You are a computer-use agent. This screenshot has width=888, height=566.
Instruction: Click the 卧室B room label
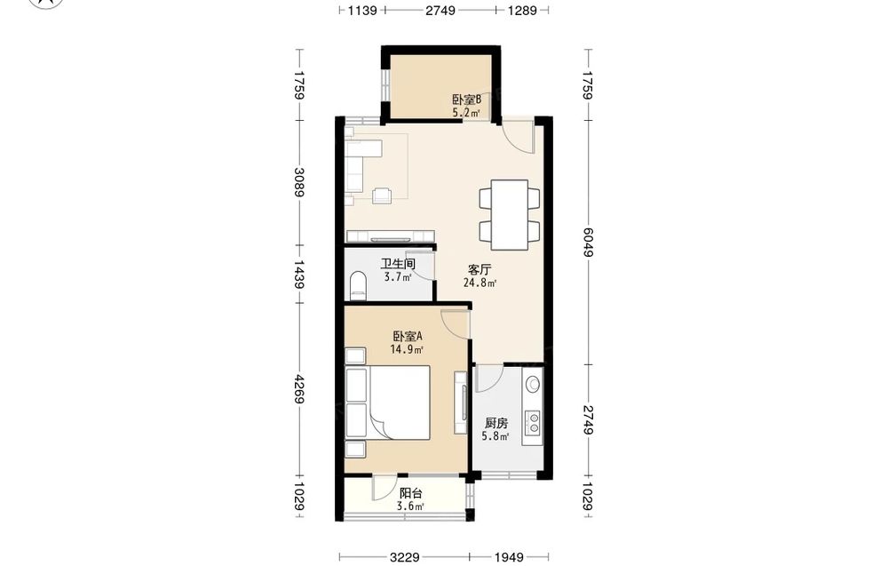467,100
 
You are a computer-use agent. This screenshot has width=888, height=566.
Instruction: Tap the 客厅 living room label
480,269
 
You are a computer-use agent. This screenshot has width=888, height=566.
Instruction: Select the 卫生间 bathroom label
398,264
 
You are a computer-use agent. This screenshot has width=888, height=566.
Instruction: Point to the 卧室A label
408,336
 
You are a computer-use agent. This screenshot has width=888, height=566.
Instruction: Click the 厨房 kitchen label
496,423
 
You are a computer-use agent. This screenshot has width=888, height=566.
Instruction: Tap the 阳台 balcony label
410,493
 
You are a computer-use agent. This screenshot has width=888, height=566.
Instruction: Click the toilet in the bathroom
358,285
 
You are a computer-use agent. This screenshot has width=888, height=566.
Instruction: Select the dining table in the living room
509,215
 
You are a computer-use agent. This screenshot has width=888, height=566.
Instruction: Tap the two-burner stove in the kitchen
534,422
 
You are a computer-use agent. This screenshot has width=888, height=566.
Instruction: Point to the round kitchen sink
533,385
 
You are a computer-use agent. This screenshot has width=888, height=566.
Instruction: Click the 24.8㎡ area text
480,283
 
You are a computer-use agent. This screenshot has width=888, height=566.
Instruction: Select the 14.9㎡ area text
407,349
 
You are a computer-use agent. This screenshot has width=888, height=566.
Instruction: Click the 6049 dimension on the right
588,242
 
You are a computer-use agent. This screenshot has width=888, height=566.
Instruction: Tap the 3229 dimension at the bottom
404,557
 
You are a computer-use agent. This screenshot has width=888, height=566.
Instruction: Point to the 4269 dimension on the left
299,390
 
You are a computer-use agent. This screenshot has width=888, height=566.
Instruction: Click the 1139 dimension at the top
362,10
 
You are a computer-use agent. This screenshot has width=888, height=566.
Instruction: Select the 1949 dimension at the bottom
509,557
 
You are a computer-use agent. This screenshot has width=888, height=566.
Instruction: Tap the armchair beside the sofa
382,195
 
